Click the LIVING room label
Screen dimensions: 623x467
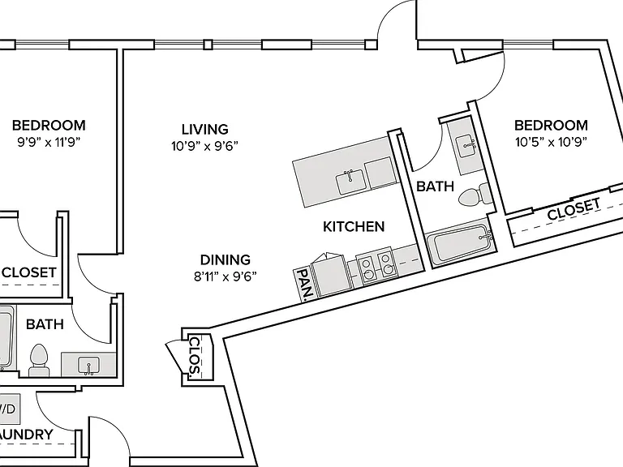205,130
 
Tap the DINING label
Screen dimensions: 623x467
226,259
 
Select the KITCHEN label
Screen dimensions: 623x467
354,226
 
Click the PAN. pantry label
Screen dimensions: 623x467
305,284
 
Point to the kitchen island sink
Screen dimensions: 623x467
350,181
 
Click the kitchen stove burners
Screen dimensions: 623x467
376,266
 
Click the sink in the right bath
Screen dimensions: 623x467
466,146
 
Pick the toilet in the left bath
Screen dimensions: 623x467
39,360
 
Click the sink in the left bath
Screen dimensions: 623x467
88,366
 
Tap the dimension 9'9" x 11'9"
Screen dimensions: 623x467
49,142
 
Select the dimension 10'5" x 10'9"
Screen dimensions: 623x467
551,142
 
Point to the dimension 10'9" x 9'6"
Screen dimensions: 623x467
204,146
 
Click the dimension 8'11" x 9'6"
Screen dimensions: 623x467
226,276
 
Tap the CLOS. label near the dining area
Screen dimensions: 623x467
195,357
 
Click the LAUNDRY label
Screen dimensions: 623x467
26,435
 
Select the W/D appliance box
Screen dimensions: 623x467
9,409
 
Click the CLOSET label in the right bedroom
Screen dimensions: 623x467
574,209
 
